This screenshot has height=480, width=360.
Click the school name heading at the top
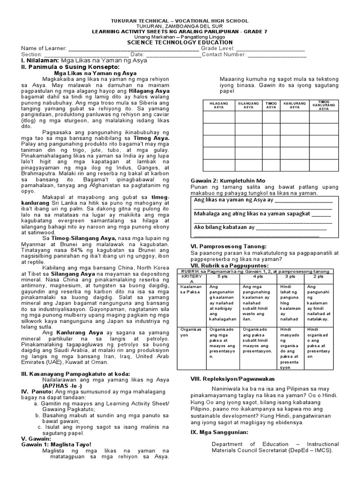point(180,21)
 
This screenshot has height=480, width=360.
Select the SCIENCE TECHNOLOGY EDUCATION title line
point(180,42)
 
